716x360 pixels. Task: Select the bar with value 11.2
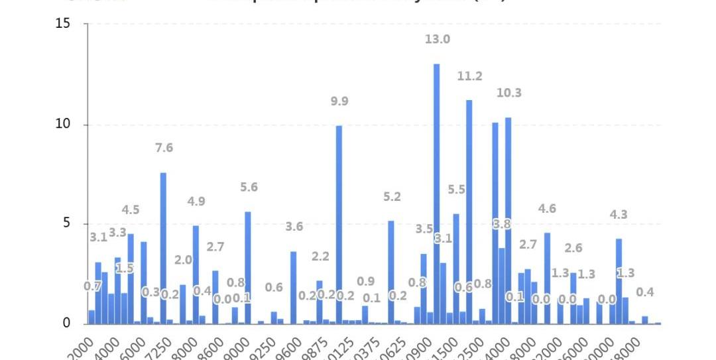(x=469, y=212)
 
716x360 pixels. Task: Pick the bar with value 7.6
(x=163, y=248)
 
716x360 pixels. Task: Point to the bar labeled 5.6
(x=248, y=268)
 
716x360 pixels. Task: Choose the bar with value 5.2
(x=391, y=272)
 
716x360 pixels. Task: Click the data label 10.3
(x=508, y=93)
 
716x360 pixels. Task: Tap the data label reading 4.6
(x=547, y=209)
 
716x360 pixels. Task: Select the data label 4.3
(x=619, y=215)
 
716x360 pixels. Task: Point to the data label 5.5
(x=456, y=190)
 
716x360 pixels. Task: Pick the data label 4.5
(x=131, y=210)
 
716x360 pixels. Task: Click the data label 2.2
(x=320, y=257)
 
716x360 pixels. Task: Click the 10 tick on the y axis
(x=63, y=125)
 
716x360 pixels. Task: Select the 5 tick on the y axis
(x=66, y=223)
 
